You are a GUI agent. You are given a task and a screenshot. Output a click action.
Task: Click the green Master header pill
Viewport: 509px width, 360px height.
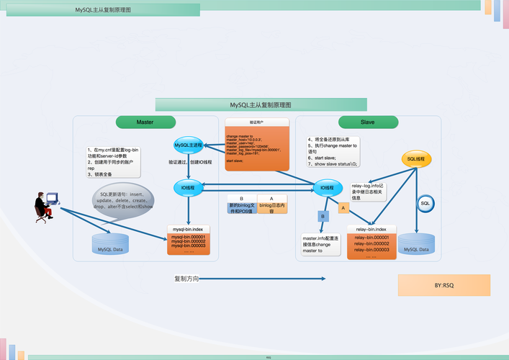(x=145, y=122)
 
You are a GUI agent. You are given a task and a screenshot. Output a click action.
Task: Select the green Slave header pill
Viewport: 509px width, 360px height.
(x=367, y=122)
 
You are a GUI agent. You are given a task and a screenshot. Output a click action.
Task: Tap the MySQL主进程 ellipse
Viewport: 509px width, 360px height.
(x=188, y=145)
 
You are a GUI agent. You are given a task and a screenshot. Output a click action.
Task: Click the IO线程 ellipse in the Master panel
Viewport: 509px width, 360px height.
(x=188, y=189)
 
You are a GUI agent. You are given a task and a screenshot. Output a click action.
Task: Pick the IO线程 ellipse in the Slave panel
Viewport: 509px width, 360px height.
(x=328, y=189)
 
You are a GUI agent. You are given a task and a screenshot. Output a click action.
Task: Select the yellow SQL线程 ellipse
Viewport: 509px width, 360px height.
(x=416, y=158)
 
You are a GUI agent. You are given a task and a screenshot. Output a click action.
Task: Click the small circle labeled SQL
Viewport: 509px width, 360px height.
(x=425, y=204)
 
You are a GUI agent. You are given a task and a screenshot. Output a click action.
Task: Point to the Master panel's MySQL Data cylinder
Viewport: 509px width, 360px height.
(x=110, y=245)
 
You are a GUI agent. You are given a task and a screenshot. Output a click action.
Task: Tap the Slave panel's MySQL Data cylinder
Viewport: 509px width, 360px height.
(x=416, y=245)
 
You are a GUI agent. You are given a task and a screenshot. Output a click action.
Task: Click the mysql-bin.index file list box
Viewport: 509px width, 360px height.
(x=189, y=240)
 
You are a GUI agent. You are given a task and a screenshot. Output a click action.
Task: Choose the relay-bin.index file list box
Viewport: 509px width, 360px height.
(x=371, y=242)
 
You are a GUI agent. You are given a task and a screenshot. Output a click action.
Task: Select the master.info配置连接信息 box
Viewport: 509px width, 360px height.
(x=320, y=243)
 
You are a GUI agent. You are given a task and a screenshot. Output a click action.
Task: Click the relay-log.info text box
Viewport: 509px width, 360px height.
(x=369, y=192)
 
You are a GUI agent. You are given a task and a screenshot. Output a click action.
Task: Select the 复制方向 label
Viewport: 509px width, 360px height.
(x=186, y=279)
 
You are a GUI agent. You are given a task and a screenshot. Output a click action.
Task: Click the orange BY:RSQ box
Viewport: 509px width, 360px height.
(x=443, y=285)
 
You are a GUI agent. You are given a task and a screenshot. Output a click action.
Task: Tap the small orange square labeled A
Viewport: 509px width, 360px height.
(x=343, y=208)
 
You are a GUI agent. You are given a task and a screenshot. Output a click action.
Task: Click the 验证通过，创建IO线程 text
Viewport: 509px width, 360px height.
(x=191, y=163)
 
